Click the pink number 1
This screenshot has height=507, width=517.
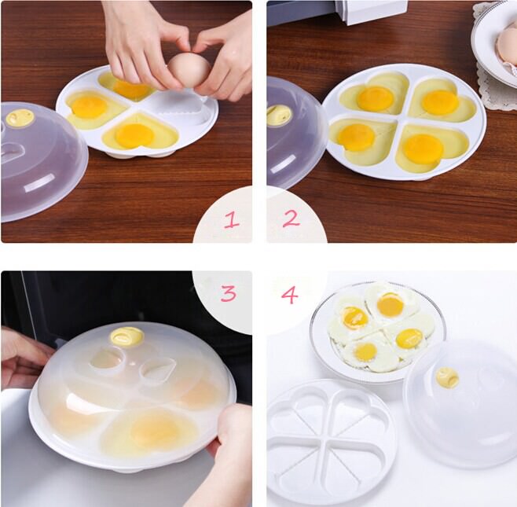(x=231, y=219)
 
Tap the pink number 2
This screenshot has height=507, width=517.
(x=291, y=218)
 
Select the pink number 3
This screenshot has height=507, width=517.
(x=229, y=293)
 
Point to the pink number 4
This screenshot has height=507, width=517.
(x=289, y=295)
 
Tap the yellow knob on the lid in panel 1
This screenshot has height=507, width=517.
(x=20, y=118)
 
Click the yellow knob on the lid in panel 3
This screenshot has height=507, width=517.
(x=127, y=336)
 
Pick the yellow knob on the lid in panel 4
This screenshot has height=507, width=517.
(x=447, y=377)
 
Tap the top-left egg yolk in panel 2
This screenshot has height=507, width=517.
(x=376, y=98)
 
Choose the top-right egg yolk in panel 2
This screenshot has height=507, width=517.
(x=440, y=102)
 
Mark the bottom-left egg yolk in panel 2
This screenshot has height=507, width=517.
(x=356, y=138)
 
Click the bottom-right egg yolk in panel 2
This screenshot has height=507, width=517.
(x=423, y=149)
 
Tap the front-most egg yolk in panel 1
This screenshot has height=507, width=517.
(x=134, y=135)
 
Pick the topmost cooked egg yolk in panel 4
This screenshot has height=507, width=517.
(x=390, y=304)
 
